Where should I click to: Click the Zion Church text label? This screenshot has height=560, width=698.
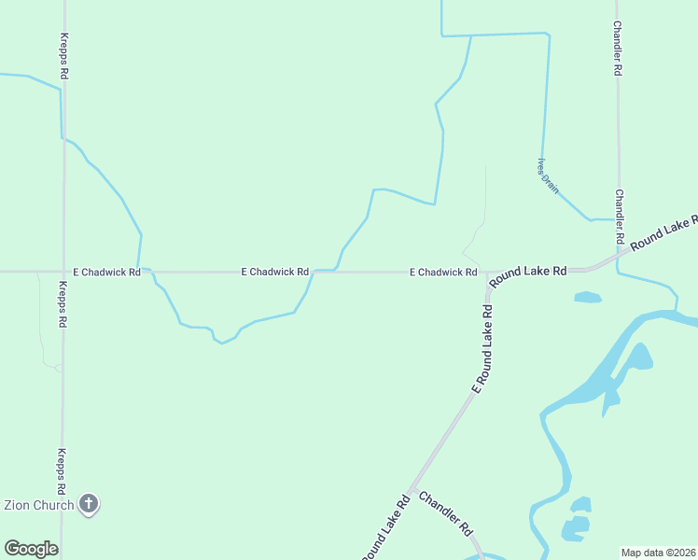39,506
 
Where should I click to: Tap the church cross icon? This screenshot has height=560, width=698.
89,505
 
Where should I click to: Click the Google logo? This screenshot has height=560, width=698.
31,549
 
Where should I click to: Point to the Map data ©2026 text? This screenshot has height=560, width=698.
659,553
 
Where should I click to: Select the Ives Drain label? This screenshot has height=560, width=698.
548,175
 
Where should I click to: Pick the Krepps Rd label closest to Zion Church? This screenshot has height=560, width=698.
62,471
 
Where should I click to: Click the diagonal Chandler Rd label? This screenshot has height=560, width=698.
446,513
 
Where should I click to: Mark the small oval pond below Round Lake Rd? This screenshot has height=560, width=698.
587,298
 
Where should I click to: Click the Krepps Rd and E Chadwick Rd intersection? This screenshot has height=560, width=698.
63,272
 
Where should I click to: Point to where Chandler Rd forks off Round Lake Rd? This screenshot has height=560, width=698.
410,492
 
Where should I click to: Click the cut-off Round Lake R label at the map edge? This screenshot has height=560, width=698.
663,232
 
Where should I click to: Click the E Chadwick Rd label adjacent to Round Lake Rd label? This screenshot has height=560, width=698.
443,273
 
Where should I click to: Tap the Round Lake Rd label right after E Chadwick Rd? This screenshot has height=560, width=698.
528,273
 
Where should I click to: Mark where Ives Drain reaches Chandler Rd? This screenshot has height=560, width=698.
616,220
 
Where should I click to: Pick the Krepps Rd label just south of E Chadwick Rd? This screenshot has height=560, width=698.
63,304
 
